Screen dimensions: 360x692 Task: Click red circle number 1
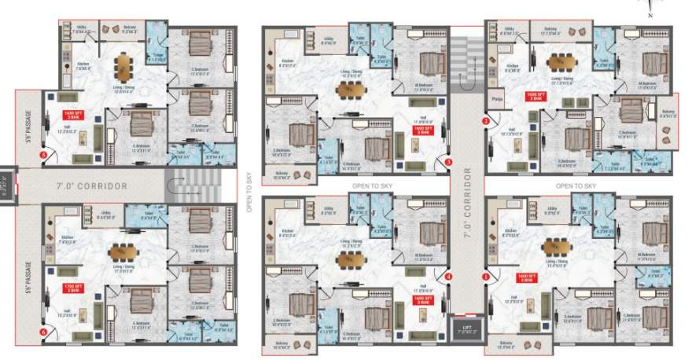point(486,277)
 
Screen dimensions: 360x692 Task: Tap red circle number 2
point(486,121)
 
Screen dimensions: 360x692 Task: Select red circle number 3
point(448,162)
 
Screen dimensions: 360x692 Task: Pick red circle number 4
point(448,277)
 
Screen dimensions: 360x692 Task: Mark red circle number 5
point(42,155)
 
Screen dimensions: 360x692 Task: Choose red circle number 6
point(42,332)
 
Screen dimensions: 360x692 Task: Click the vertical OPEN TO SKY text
point(248,193)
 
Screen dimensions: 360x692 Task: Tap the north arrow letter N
point(649,15)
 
